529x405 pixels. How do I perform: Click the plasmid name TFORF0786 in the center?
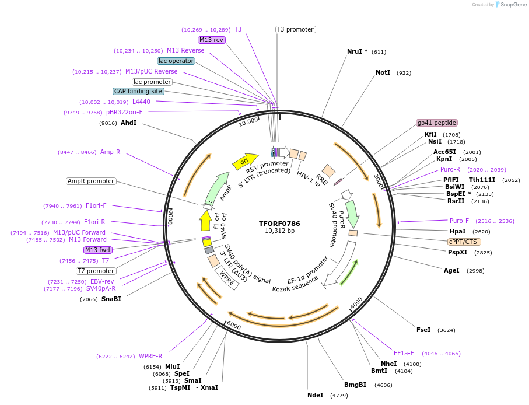point(279,224)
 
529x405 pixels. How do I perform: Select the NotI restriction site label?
point(383,73)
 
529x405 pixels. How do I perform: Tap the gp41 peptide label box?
point(437,123)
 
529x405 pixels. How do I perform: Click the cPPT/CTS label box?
point(464,242)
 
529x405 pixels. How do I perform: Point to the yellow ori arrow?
point(245,162)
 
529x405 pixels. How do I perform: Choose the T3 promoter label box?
point(295,29)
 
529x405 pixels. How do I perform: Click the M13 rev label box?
point(211,40)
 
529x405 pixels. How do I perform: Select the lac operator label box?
point(176,61)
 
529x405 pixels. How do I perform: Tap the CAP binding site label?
point(138,91)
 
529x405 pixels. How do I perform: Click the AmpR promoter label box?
point(91,181)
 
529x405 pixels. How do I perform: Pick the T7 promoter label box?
point(96,271)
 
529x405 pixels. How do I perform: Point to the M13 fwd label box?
point(98,250)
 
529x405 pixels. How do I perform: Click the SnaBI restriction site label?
point(111,299)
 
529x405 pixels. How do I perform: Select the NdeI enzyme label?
point(316,395)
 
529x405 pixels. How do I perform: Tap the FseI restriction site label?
point(423,330)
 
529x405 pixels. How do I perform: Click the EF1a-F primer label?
point(404,353)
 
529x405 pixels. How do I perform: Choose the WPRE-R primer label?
point(150,356)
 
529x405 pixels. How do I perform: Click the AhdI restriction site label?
point(128,123)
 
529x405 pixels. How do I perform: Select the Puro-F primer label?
point(459,221)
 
